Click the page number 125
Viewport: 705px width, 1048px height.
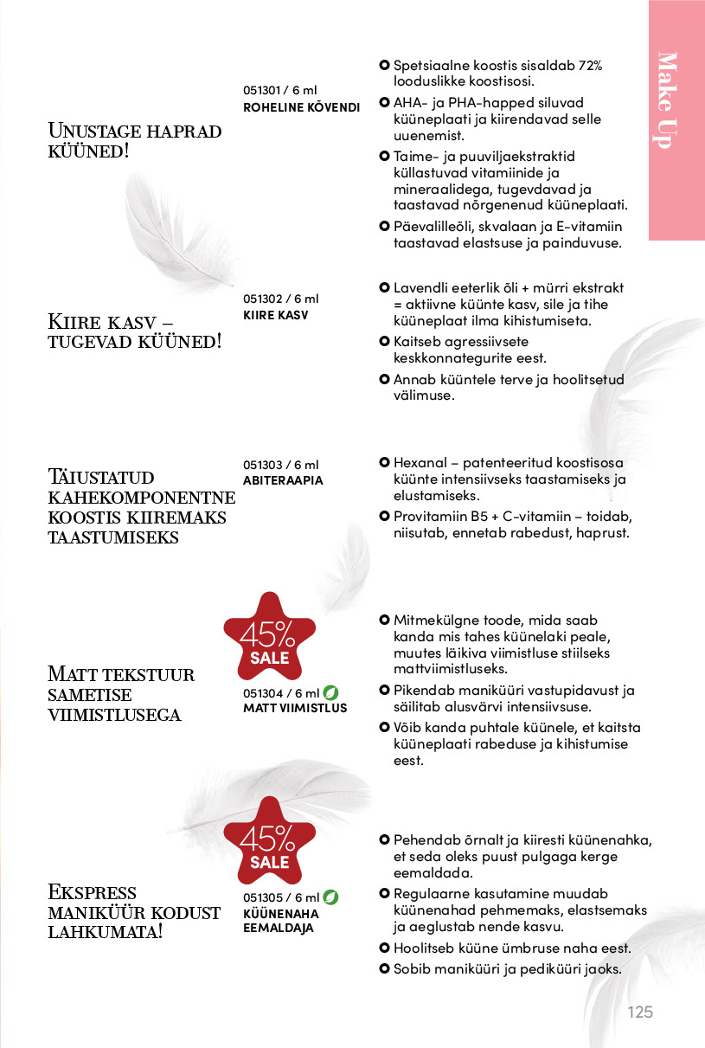coord(640,1012)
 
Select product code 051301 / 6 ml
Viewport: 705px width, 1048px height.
coord(280,91)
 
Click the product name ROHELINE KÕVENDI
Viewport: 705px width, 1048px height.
coord(301,107)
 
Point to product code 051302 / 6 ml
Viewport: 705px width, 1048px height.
coord(280,299)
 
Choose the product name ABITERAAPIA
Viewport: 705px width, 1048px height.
coord(283,480)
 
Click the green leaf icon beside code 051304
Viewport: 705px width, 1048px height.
coord(330,692)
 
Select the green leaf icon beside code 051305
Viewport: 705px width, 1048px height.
coord(330,897)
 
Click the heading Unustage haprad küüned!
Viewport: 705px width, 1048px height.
coord(134,141)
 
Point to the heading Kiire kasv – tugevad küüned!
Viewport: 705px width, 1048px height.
coord(134,331)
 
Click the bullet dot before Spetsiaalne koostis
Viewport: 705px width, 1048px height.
coord(384,66)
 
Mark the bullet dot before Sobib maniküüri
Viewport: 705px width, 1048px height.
coord(384,968)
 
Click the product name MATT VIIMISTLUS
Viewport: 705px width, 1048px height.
coord(295,708)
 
